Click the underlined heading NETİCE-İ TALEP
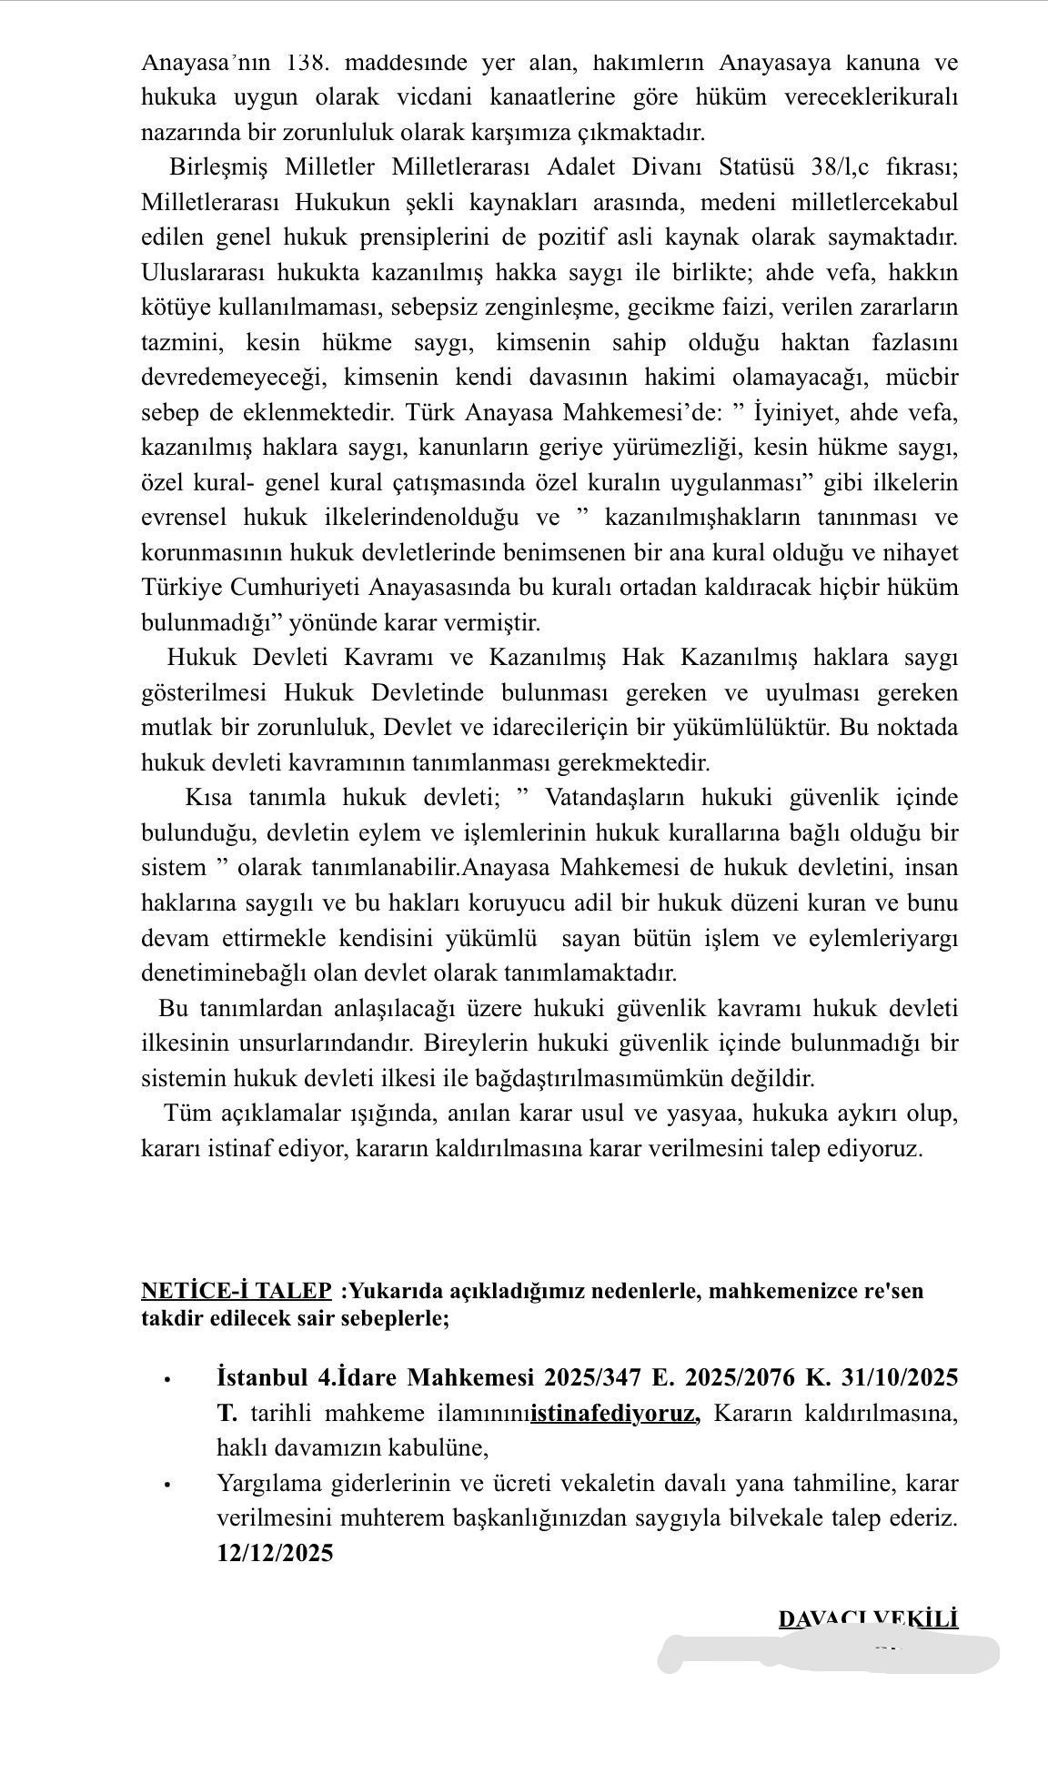tap(237, 1291)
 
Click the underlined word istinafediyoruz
tap(614, 1413)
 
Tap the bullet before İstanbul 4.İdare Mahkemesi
tap(167, 1379)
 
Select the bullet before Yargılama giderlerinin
tap(167, 1485)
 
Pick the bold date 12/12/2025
tap(275, 1553)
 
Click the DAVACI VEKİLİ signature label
tap(868, 1619)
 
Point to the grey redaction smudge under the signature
tap(828, 1653)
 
